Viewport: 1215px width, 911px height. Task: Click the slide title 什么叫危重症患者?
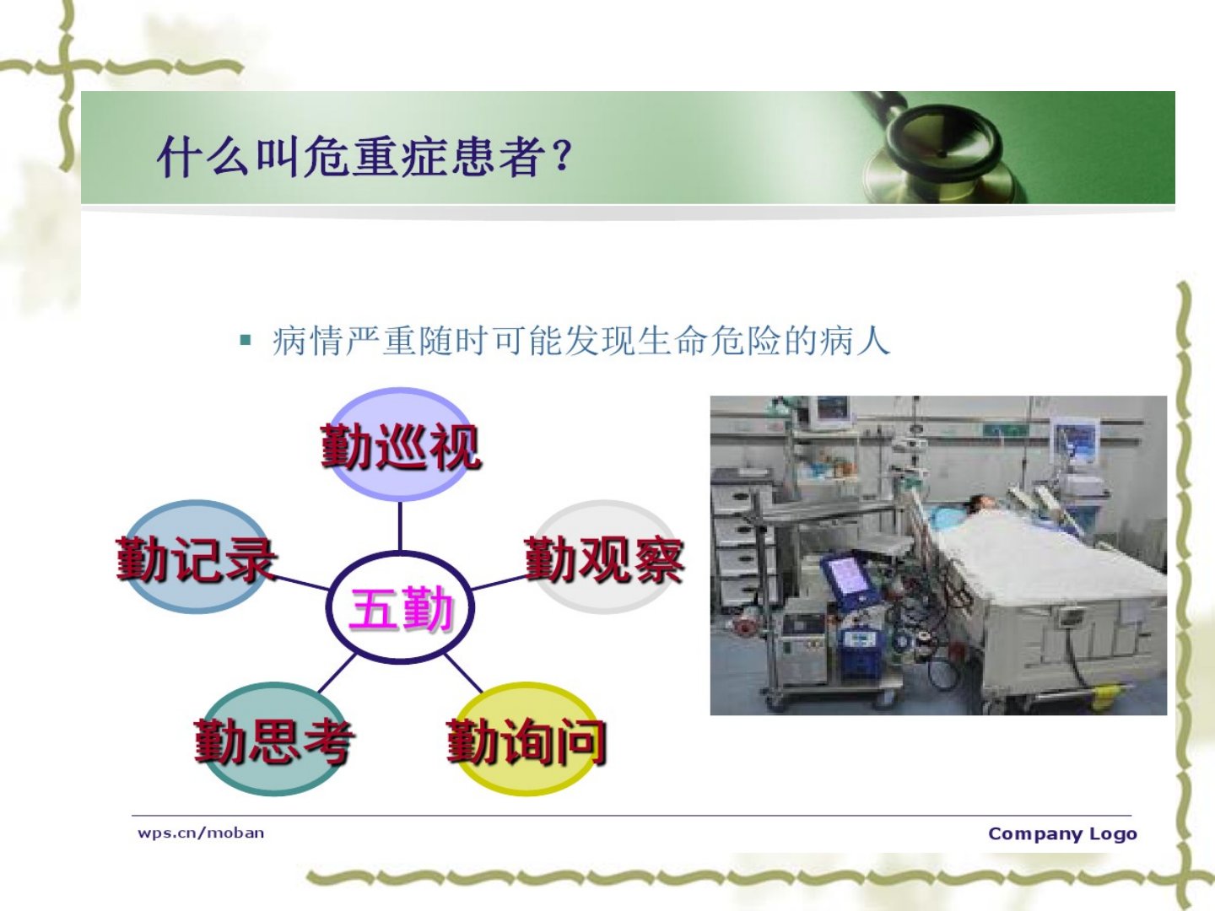coord(364,157)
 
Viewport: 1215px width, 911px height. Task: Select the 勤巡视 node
coord(400,445)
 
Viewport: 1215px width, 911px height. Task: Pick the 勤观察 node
coord(604,558)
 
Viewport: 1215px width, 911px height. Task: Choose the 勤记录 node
coord(197,558)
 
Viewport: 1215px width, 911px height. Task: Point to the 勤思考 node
coord(274,740)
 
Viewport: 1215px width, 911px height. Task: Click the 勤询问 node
coord(526,740)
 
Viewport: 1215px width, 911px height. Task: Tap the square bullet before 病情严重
coord(246,339)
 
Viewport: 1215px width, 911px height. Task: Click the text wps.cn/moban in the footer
coord(201,833)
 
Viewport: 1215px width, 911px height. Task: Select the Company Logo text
coord(1063,833)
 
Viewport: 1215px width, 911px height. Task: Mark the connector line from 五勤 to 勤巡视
coord(400,526)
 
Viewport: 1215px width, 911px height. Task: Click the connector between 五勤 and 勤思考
coord(337,673)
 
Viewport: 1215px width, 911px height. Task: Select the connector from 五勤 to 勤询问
coord(463,673)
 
